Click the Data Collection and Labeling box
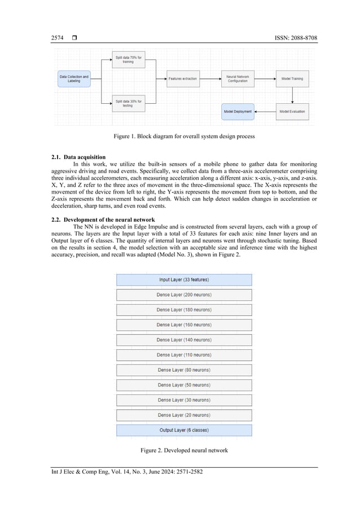click(74, 78)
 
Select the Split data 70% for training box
click(129, 60)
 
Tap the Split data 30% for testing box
click(129, 103)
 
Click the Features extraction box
click(183, 78)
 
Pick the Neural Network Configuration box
click(238, 78)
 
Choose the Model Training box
click(292, 78)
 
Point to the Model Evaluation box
click(292, 112)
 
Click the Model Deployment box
click(238, 112)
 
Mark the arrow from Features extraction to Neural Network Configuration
click(210, 78)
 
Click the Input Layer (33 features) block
click(184, 280)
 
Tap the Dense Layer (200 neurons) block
click(184, 295)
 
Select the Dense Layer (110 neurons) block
click(184, 355)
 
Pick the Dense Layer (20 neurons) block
click(184, 415)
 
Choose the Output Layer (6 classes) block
click(184, 430)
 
